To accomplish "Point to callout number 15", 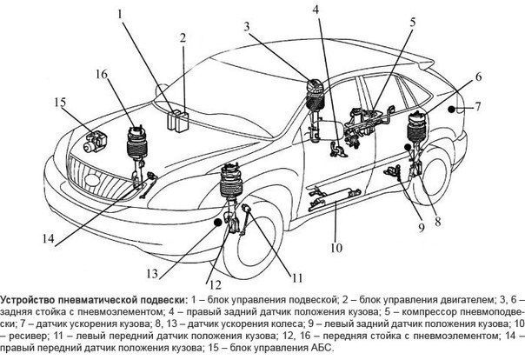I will click(59, 103).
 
